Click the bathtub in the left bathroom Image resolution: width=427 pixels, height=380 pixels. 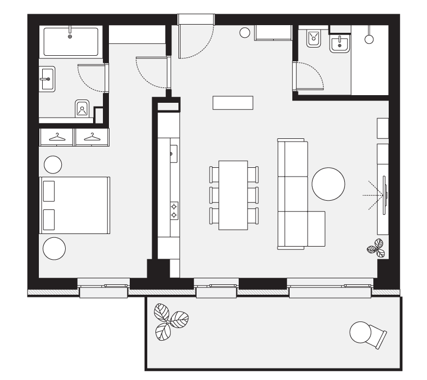[70, 41]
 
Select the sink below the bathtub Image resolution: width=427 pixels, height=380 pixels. [47, 79]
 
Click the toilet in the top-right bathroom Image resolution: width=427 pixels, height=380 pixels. [314, 38]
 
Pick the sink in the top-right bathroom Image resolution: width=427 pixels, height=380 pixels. [339, 44]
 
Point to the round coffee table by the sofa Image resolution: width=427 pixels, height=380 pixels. [328, 184]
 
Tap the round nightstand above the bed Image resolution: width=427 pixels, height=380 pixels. [53, 163]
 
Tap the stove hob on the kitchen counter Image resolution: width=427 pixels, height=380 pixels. [174, 211]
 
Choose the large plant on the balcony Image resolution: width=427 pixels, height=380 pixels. [170, 321]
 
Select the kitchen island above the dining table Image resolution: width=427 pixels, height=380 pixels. [233, 102]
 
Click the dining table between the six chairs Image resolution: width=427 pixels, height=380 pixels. [234, 195]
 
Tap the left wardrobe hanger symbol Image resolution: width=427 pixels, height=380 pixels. [57, 137]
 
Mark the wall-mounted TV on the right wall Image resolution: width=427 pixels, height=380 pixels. [386, 195]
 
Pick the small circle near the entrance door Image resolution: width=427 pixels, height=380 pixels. [245, 32]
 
